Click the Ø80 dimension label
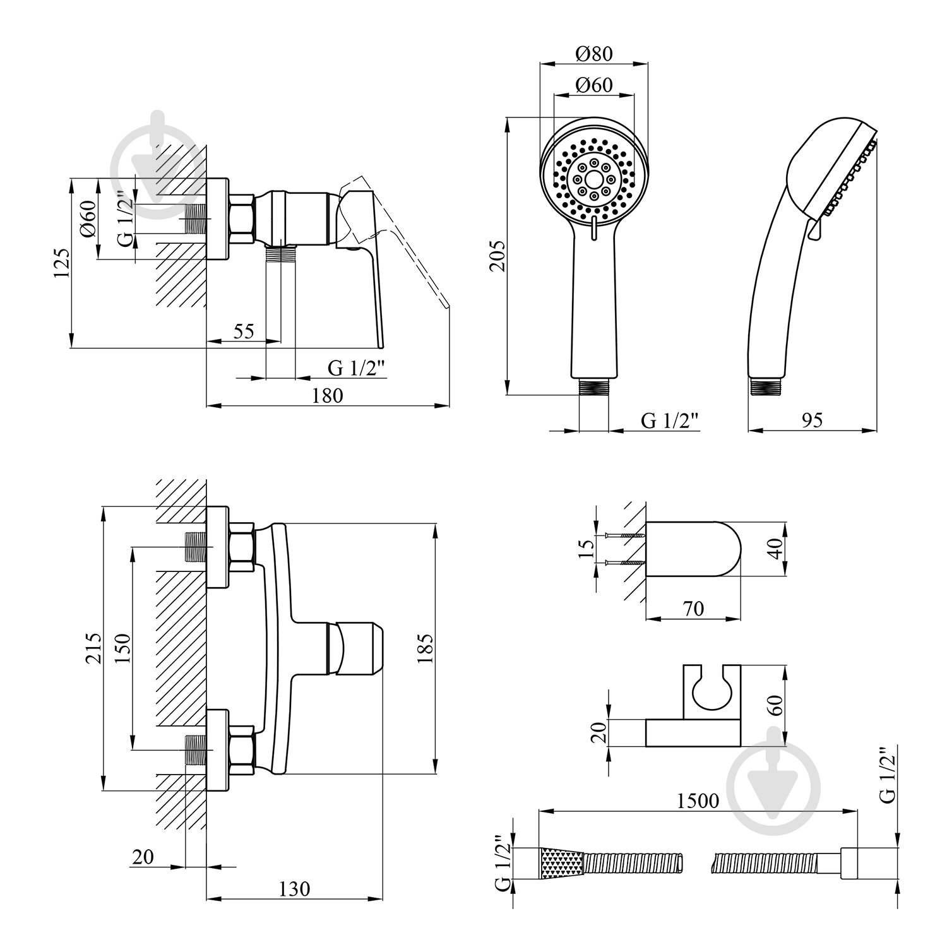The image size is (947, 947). tap(594, 54)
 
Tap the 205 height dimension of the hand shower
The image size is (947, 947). tap(498, 256)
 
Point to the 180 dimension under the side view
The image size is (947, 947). tap(328, 396)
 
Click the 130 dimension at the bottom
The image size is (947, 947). tap(294, 889)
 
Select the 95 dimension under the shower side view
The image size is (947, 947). tap(812, 420)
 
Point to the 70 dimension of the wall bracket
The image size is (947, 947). tap(693, 609)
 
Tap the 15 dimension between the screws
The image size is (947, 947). tap(587, 549)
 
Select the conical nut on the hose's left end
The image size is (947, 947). tap(562, 862)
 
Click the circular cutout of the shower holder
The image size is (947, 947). tap(712, 691)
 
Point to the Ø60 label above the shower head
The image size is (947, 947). tap(594, 85)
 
